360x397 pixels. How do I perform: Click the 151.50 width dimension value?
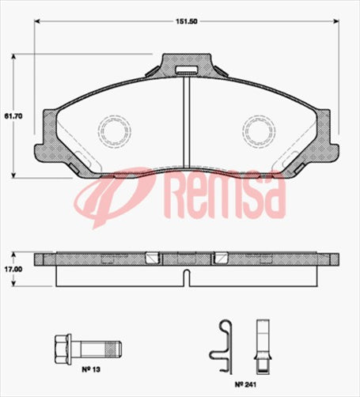point(187,23)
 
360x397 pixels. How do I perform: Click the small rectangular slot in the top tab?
point(186,74)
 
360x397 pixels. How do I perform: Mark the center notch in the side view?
point(186,277)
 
